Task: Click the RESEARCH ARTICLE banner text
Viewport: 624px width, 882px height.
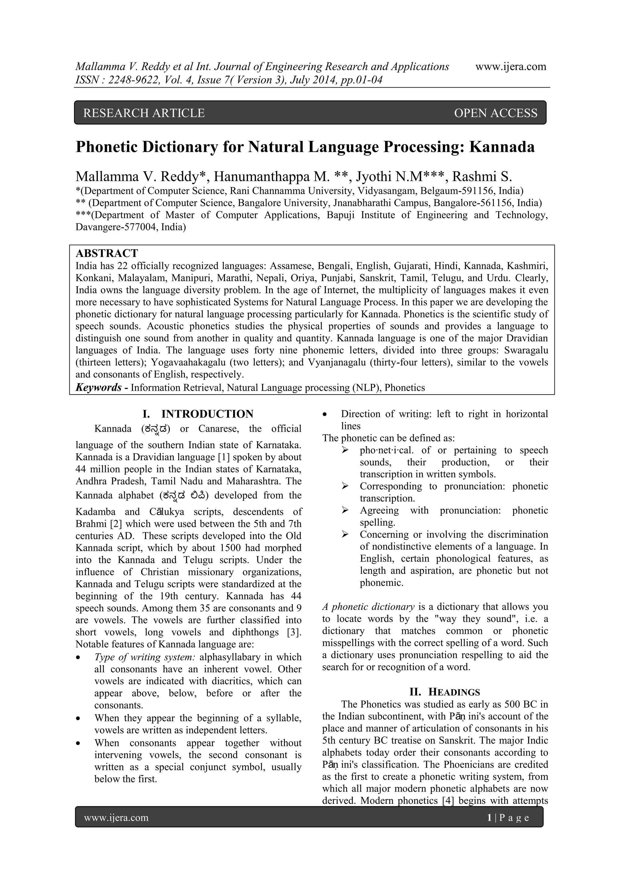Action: click(144, 113)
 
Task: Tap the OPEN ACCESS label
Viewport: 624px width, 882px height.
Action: click(496, 113)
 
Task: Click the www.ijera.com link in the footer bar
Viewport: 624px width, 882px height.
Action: click(116, 817)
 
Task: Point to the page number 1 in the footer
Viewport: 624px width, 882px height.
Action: click(489, 817)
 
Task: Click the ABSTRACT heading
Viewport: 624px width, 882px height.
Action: click(107, 253)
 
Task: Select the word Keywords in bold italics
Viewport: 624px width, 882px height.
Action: click(98, 387)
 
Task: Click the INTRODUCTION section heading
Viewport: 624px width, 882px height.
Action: click(207, 414)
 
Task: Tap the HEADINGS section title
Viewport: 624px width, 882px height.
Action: click(454, 692)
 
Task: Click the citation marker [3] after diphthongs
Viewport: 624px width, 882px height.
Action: click(294, 632)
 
